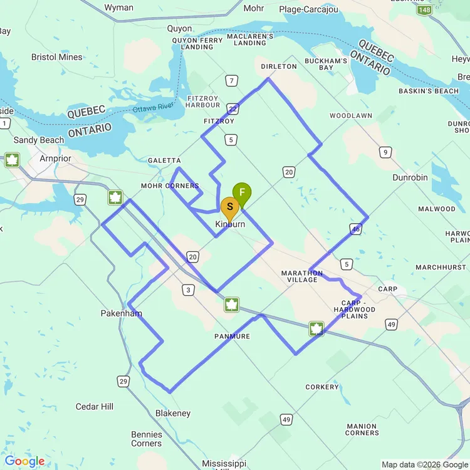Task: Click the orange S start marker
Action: [230, 207]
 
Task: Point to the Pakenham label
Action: [122, 313]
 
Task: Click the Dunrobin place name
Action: [410, 177]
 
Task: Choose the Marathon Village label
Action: [302, 276]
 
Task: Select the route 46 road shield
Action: [356, 229]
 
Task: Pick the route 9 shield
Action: [385, 152]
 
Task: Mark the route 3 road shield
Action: [187, 289]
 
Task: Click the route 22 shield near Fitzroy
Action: [232, 109]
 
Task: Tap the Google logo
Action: [24, 462]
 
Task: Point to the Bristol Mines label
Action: [57, 57]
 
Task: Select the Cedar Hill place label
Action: [95, 407]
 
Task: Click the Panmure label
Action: [232, 337]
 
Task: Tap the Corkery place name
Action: [322, 387]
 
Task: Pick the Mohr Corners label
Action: [170, 186]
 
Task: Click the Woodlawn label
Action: [351, 116]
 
